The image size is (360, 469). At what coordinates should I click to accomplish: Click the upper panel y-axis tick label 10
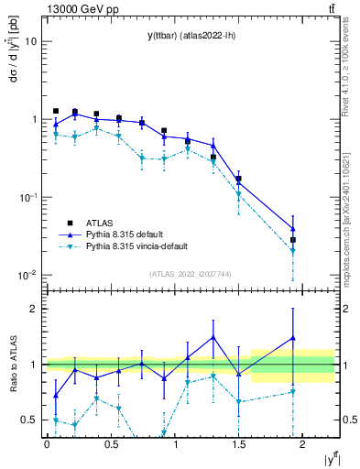[31, 42]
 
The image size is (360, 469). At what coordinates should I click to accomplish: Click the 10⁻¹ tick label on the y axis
[28, 197]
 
